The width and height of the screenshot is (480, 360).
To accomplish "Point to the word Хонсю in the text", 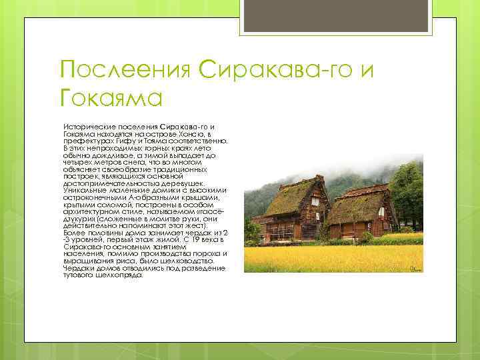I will [x=197, y=133].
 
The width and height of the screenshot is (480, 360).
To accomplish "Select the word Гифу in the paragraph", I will [x=129, y=141].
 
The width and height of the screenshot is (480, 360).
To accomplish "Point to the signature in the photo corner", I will [x=415, y=268].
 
